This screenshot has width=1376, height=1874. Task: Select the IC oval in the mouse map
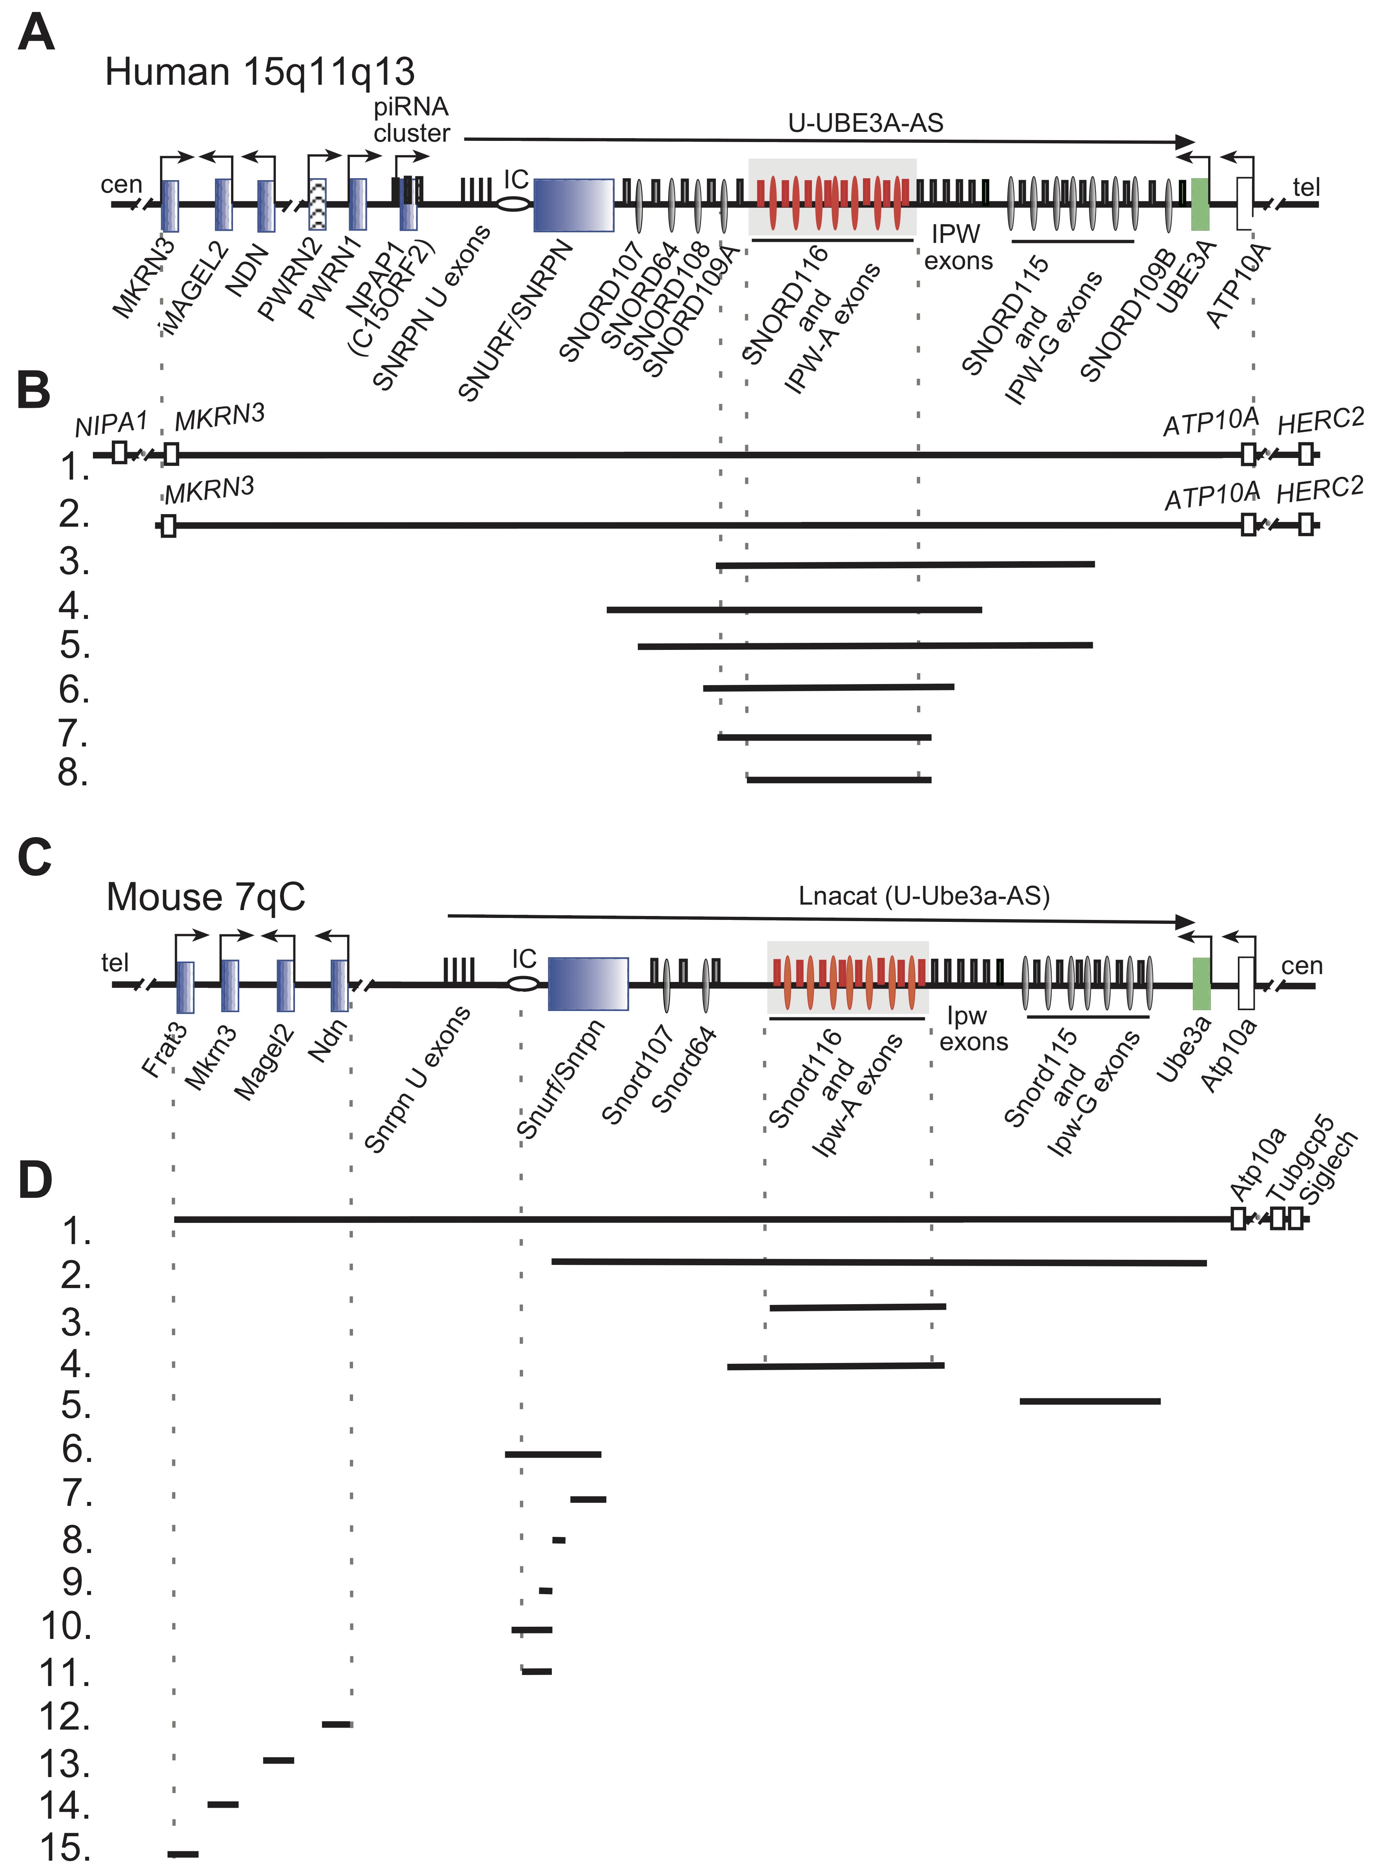[x=523, y=984]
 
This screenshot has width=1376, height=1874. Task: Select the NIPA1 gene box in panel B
[x=119, y=453]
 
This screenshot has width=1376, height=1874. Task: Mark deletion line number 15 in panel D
[x=183, y=1854]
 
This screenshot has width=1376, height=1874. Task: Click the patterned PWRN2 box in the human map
[x=317, y=204]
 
